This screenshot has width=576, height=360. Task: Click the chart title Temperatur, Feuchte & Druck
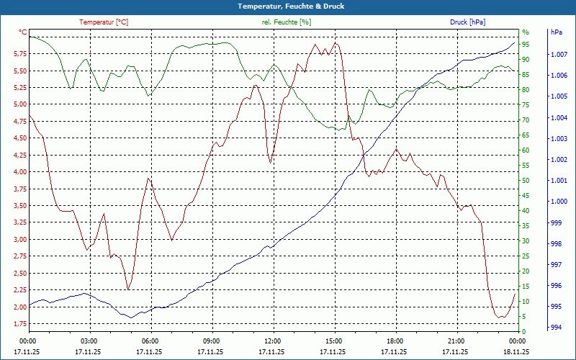tap(287, 6)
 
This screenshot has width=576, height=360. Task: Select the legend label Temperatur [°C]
tap(104, 22)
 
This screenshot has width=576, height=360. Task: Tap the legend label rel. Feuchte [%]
tap(287, 22)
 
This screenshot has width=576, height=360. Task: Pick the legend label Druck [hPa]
tap(467, 22)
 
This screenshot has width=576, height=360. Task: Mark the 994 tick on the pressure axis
tap(555, 328)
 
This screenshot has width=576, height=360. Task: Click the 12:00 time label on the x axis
tap(273, 341)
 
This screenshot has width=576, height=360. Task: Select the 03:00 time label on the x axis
tap(89, 341)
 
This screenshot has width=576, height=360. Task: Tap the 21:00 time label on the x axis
tap(456, 341)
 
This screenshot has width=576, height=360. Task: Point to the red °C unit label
tap(23, 32)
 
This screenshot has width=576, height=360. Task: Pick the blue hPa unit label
tap(556, 32)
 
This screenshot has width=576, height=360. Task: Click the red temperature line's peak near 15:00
tap(335, 42)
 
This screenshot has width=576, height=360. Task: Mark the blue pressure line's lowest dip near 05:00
tap(132, 318)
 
